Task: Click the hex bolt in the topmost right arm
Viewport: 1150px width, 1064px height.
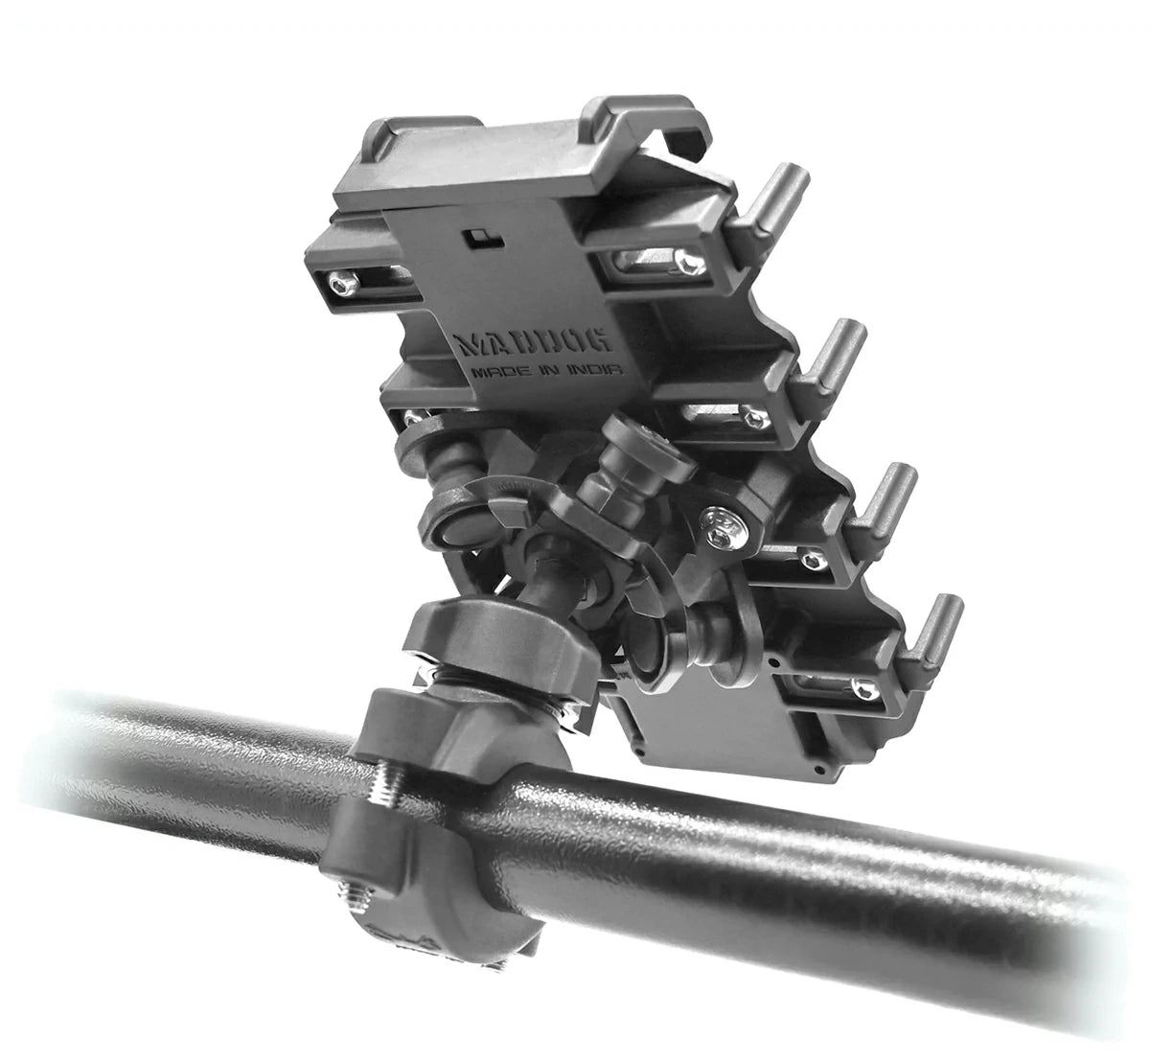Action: pyautogui.click(x=691, y=262)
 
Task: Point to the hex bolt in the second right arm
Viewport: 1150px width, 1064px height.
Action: pyautogui.click(x=754, y=416)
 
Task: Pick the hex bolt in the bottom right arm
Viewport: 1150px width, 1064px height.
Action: pyautogui.click(x=863, y=687)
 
